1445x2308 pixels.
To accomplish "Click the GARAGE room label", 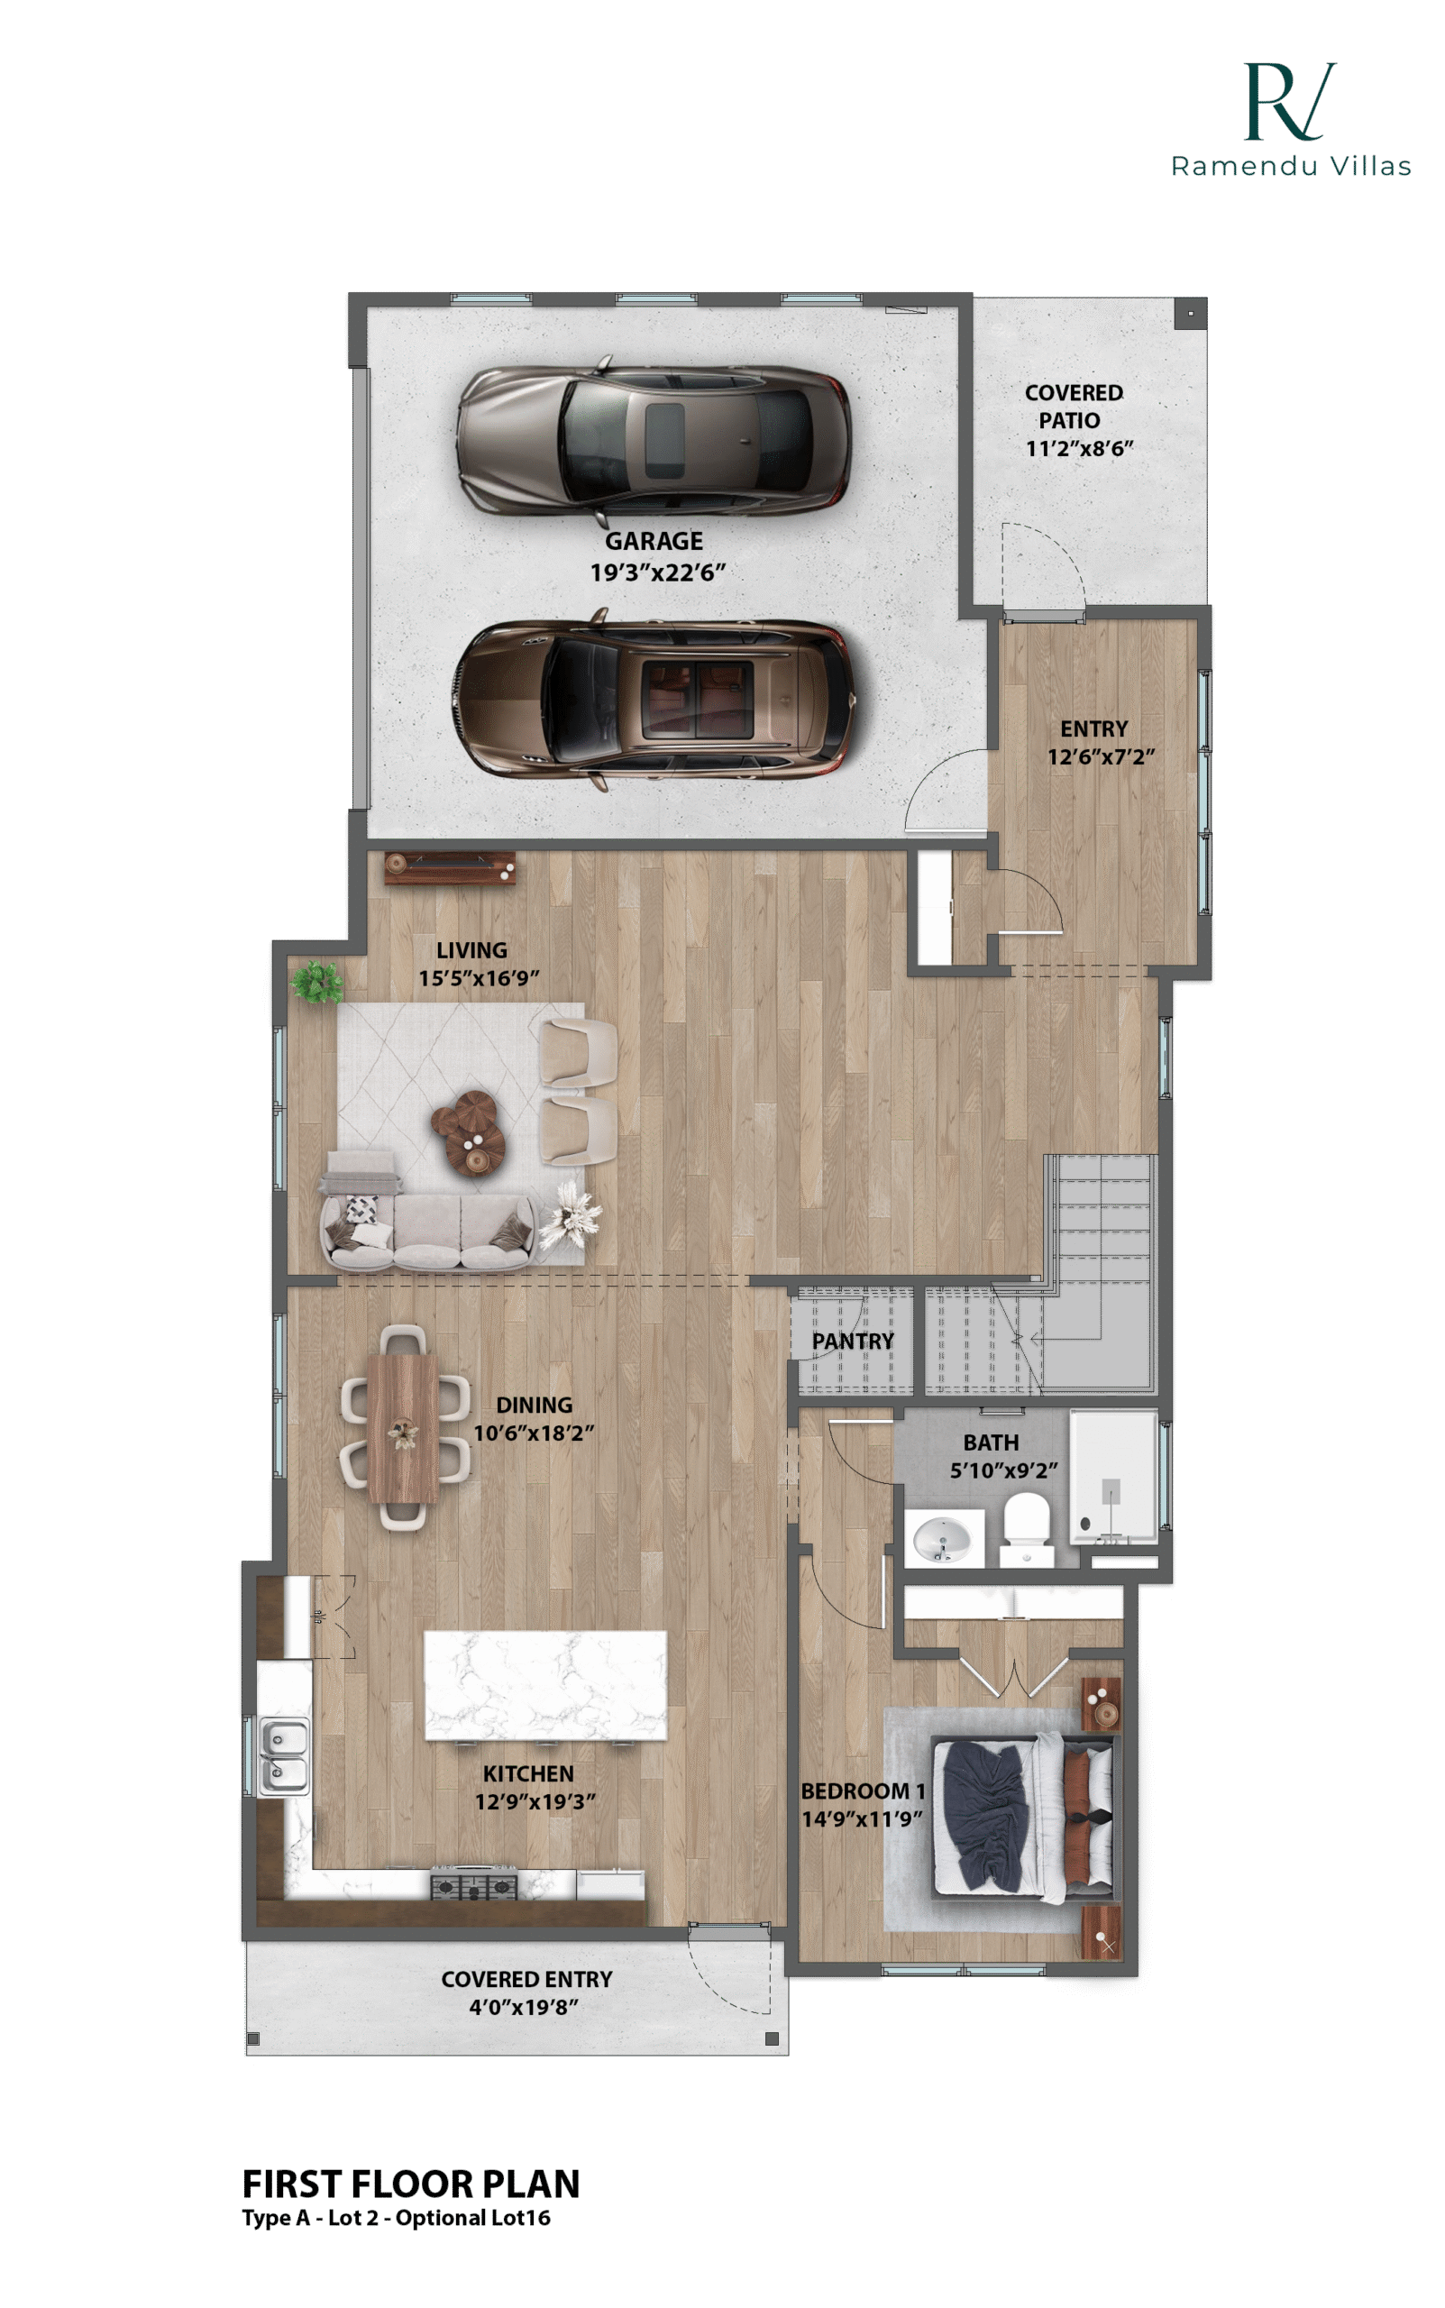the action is coord(654,541).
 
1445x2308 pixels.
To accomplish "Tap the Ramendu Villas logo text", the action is coord(1291,166).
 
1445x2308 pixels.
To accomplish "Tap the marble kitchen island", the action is coord(545,1685).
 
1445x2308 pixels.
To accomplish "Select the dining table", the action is coord(403,1428).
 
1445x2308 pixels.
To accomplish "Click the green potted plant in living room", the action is coord(317,983).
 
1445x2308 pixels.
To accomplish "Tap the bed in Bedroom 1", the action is coord(1022,1818).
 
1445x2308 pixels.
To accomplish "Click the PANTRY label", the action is coord(853,1342).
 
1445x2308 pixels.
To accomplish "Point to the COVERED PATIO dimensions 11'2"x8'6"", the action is coord(1079,449).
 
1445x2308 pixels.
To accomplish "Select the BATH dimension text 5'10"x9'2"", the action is coord(1003,1470).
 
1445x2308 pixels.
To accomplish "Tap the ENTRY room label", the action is coord(1093,729).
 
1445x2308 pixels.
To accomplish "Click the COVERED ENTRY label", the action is coord(526,1979).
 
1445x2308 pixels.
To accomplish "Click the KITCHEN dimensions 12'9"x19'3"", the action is coord(535,1801).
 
